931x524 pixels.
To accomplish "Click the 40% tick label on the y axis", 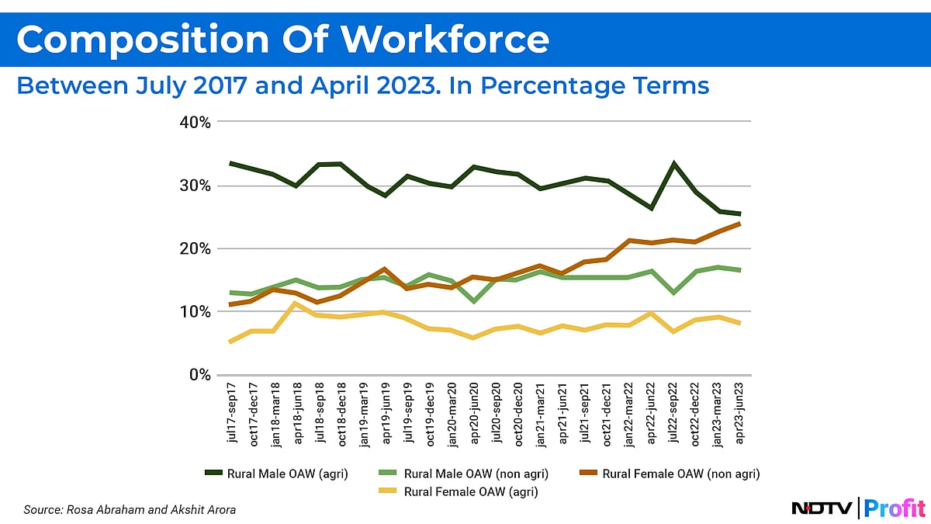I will (x=194, y=123).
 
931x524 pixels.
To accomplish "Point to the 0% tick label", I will (x=198, y=375).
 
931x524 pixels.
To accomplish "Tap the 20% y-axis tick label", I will (x=194, y=249).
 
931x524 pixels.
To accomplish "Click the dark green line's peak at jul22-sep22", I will (x=673, y=164).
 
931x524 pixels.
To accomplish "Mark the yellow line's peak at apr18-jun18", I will (x=296, y=304).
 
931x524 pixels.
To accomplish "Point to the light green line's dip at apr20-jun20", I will (x=474, y=300).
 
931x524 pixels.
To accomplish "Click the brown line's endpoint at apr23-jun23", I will (x=739, y=224).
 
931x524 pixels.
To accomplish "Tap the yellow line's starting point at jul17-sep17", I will (x=230, y=342).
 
